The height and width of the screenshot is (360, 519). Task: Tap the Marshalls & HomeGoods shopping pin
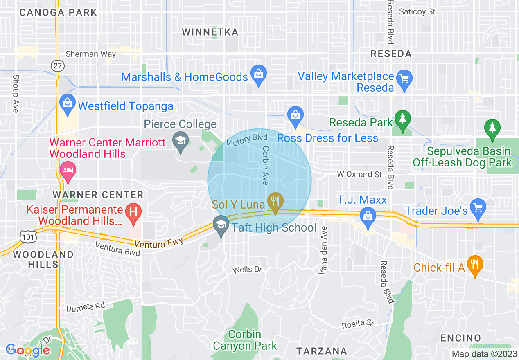pyautogui.click(x=258, y=74)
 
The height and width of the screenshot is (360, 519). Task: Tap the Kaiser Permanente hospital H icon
pyautogui.click(x=133, y=212)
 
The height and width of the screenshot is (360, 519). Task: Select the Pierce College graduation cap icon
pyautogui.click(x=180, y=141)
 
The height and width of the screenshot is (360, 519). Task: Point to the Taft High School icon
pyautogui.click(x=221, y=225)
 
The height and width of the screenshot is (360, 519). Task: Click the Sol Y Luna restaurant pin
pyautogui.click(x=275, y=202)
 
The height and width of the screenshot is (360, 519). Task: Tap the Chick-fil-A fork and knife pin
pyautogui.click(x=475, y=265)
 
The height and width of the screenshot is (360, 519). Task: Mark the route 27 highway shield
pyautogui.click(x=56, y=65)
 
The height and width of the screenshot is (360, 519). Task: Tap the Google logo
pyautogui.click(x=28, y=350)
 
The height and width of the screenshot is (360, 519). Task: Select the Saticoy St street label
pyautogui.click(x=417, y=12)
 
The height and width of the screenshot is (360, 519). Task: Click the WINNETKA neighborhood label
pyautogui.click(x=210, y=32)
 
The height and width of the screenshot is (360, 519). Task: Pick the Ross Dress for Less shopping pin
pyautogui.click(x=295, y=115)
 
